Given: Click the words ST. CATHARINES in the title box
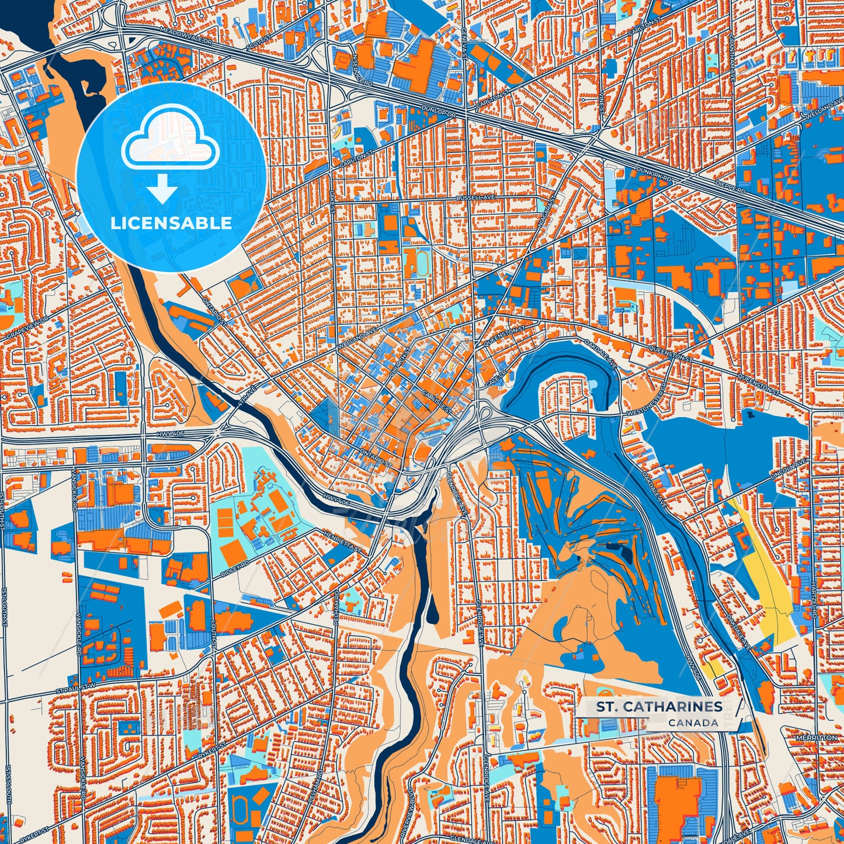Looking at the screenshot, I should click(659, 707).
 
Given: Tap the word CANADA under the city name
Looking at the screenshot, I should click(693, 723).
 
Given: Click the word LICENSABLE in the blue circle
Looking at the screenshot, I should click(172, 223).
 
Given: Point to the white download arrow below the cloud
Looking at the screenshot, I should click(163, 189).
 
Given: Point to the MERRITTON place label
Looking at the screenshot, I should click(816, 738).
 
